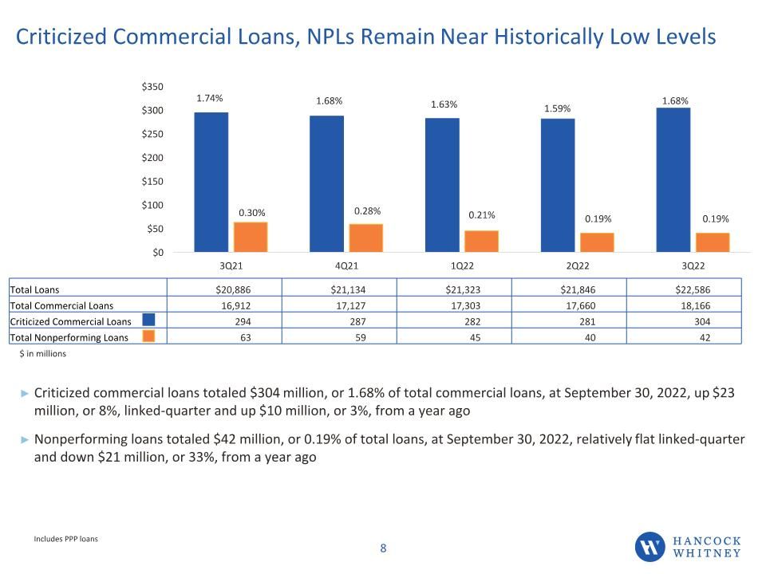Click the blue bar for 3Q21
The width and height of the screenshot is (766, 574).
coord(211,182)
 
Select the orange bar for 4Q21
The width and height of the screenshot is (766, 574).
coord(366,238)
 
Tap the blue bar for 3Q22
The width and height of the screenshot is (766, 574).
coord(673,180)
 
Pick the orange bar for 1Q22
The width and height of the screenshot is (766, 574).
coord(481,242)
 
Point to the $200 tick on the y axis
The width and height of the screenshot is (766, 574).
coord(152,158)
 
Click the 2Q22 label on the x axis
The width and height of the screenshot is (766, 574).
coord(578,266)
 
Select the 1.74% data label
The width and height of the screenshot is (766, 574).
coord(210,98)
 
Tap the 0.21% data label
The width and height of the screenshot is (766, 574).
coord(482,214)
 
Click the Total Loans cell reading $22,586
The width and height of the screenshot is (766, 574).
coord(693,289)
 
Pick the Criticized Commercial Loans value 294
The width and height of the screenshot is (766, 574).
coord(243,321)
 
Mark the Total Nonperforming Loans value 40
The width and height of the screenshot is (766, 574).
coord(590,337)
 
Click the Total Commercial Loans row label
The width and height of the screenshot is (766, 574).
coord(61,305)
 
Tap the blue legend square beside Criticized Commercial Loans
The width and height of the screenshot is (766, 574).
coord(148,320)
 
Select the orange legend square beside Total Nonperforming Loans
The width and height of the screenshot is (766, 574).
coord(148,336)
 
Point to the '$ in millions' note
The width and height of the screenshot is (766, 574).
coord(42,353)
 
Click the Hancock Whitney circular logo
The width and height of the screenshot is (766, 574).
coord(650,547)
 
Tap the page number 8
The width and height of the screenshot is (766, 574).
coord(383,548)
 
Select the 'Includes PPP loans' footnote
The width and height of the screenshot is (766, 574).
coord(65,539)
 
